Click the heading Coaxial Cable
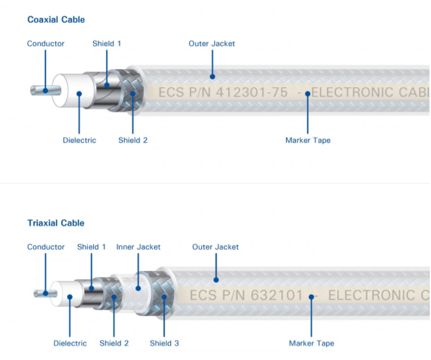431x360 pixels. pos(56,19)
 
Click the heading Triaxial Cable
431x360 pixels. pos(56,223)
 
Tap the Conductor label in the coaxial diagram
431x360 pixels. pos(45,44)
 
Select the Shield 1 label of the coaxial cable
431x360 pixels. pos(107,44)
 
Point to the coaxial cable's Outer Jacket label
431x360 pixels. pos(212,44)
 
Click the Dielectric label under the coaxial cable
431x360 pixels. pos(79,140)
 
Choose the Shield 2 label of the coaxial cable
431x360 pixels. pos(133,140)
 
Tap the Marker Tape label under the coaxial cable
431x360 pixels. pos(308,140)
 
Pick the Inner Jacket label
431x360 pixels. pos(139,247)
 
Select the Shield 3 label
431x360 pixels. pos(164,343)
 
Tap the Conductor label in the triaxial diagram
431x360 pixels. pos(45,247)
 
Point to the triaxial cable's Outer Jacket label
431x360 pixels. pos(215,247)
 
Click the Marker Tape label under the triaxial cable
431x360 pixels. pos(311,343)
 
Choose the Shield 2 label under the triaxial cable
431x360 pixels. pos(114,343)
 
